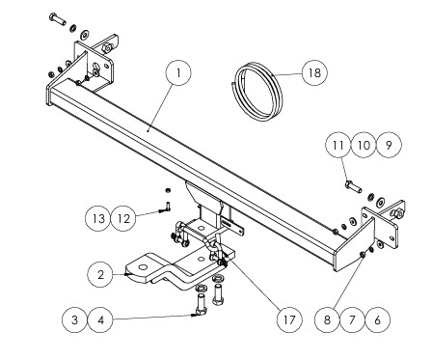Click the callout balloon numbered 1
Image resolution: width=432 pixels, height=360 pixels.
tap(178, 72)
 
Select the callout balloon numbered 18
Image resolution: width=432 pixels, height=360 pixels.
tap(315, 72)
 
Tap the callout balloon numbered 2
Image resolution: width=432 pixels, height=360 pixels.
tap(100, 275)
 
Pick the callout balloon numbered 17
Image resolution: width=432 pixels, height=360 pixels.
tap(289, 319)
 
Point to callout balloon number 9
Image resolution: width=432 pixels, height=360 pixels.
tap(389, 145)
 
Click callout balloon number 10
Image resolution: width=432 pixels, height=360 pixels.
tap(364, 145)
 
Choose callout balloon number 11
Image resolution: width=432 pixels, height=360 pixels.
tap(338, 145)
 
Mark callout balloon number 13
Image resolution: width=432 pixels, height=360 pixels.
tap(98, 219)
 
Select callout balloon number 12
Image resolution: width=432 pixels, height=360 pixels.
tap(123, 219)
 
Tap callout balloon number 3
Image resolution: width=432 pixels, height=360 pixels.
tap(75, 319)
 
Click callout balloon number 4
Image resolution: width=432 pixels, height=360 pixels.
tap(100, 319)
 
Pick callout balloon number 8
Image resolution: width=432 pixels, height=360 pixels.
tap(327, 319)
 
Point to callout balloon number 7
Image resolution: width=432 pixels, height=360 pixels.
tap(352, 319)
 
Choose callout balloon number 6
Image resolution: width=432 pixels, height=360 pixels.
tap(377, 319)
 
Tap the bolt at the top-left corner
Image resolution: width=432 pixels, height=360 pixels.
tap(58, 19)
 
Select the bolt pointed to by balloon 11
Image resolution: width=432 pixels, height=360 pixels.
tap(353, 187)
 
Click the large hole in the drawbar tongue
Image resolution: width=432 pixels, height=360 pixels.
tap(144, 267)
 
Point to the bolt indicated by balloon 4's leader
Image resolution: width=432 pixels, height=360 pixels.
tap(201, 305)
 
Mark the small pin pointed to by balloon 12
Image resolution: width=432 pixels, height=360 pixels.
tap(168, 207)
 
